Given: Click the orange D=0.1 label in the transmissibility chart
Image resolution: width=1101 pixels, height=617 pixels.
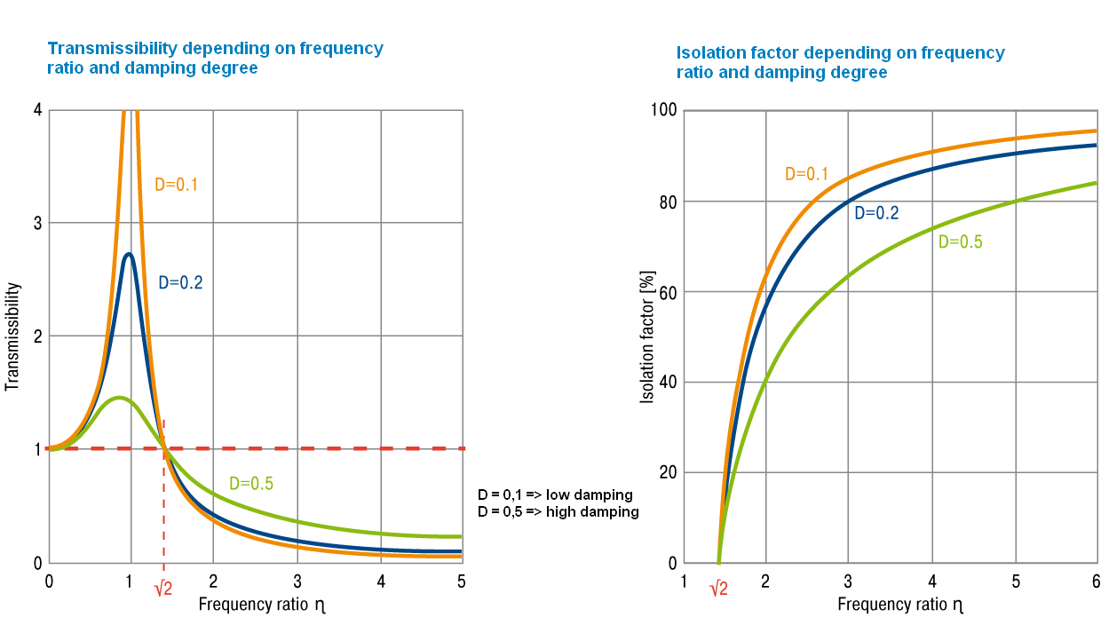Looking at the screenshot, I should [x=176, y=186].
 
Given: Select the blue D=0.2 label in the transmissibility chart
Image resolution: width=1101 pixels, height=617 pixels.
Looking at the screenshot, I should [x=180, y=283].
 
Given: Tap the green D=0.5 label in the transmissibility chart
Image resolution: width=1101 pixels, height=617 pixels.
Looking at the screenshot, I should [x=251, y=484].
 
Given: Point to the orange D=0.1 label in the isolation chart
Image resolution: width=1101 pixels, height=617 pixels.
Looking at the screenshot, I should [x=806, y=174].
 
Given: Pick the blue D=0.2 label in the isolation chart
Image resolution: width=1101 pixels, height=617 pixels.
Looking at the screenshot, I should [x=876, y=213].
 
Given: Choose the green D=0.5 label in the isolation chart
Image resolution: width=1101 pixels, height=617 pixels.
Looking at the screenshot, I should [x=961, y=241].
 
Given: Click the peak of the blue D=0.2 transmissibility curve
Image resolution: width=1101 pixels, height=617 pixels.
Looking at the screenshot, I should [x=130, y=255].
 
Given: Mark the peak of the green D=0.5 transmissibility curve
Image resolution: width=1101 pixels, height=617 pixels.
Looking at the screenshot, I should [x=119, y=398].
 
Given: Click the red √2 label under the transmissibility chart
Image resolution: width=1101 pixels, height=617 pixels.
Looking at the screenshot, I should [x=162, y=587].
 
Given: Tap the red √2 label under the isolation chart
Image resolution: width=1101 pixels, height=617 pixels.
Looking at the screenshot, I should [x=718, y=587].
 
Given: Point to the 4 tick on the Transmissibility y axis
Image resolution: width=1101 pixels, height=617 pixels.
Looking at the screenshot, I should [x=37, y=110].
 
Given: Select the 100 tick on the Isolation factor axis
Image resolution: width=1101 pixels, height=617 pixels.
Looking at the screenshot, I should [x=665, y=110].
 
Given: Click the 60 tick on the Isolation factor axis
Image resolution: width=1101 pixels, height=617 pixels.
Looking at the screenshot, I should [x=669, y=292].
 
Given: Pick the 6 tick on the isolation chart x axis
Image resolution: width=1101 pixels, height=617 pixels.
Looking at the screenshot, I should [x=1096, y=581].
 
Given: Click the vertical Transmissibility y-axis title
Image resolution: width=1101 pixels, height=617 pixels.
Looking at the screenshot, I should [x=12, y=337].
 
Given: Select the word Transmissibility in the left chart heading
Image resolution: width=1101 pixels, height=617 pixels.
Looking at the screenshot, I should [x=105, y=49].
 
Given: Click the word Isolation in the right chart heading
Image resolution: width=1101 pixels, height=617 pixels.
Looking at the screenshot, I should [x=709, y=53].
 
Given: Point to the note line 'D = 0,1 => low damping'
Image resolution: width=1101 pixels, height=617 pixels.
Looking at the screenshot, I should [x=555, y=494].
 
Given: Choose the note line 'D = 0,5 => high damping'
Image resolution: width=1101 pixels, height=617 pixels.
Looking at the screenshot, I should [x=558, y=512].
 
